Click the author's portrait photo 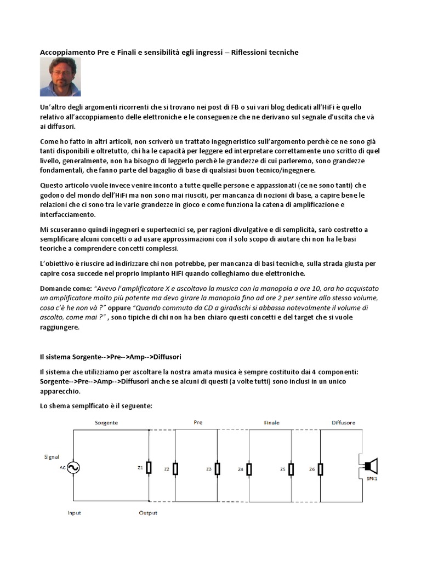[60, 77]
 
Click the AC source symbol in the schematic [73, 467]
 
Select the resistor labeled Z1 [149, 468]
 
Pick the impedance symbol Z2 [175, 469]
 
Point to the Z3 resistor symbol [218, 469]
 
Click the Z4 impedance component [249, 469]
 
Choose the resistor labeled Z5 [291, 469]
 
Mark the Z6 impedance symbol [320, 469]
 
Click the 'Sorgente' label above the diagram [106, 423]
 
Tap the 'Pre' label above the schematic [198, 422]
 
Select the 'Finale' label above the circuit [271, 423]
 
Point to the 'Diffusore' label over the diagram [344, 423]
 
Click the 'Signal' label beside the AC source [52, 456]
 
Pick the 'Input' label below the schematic [74, 513]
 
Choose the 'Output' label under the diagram [147, 513]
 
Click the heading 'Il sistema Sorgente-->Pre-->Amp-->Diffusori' [111, 357]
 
